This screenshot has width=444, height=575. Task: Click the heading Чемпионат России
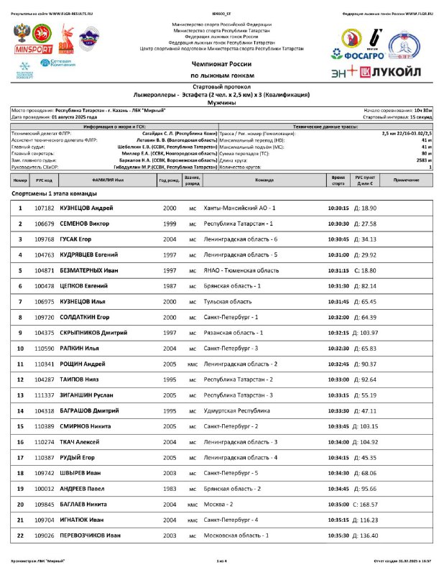tap(221, 65)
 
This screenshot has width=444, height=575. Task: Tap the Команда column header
tap(264, 180)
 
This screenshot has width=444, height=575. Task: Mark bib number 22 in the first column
tap(20, 535)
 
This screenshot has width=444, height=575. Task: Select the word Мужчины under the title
tap(221, 102)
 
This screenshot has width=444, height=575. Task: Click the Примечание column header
tap(407, 180)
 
